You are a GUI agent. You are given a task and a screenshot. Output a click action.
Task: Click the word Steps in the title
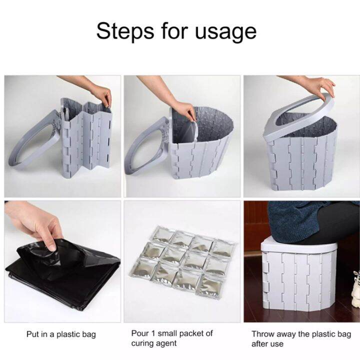pyautogui.click(x=125, y=31)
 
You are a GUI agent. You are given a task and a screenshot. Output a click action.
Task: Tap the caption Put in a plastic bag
pyautogui.click(x=60, y=334)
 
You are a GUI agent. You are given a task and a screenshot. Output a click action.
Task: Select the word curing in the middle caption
pyautogui.click(x=143, y=343)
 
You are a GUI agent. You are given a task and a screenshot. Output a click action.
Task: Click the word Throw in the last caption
pyautogui.click(x=263, y=334)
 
